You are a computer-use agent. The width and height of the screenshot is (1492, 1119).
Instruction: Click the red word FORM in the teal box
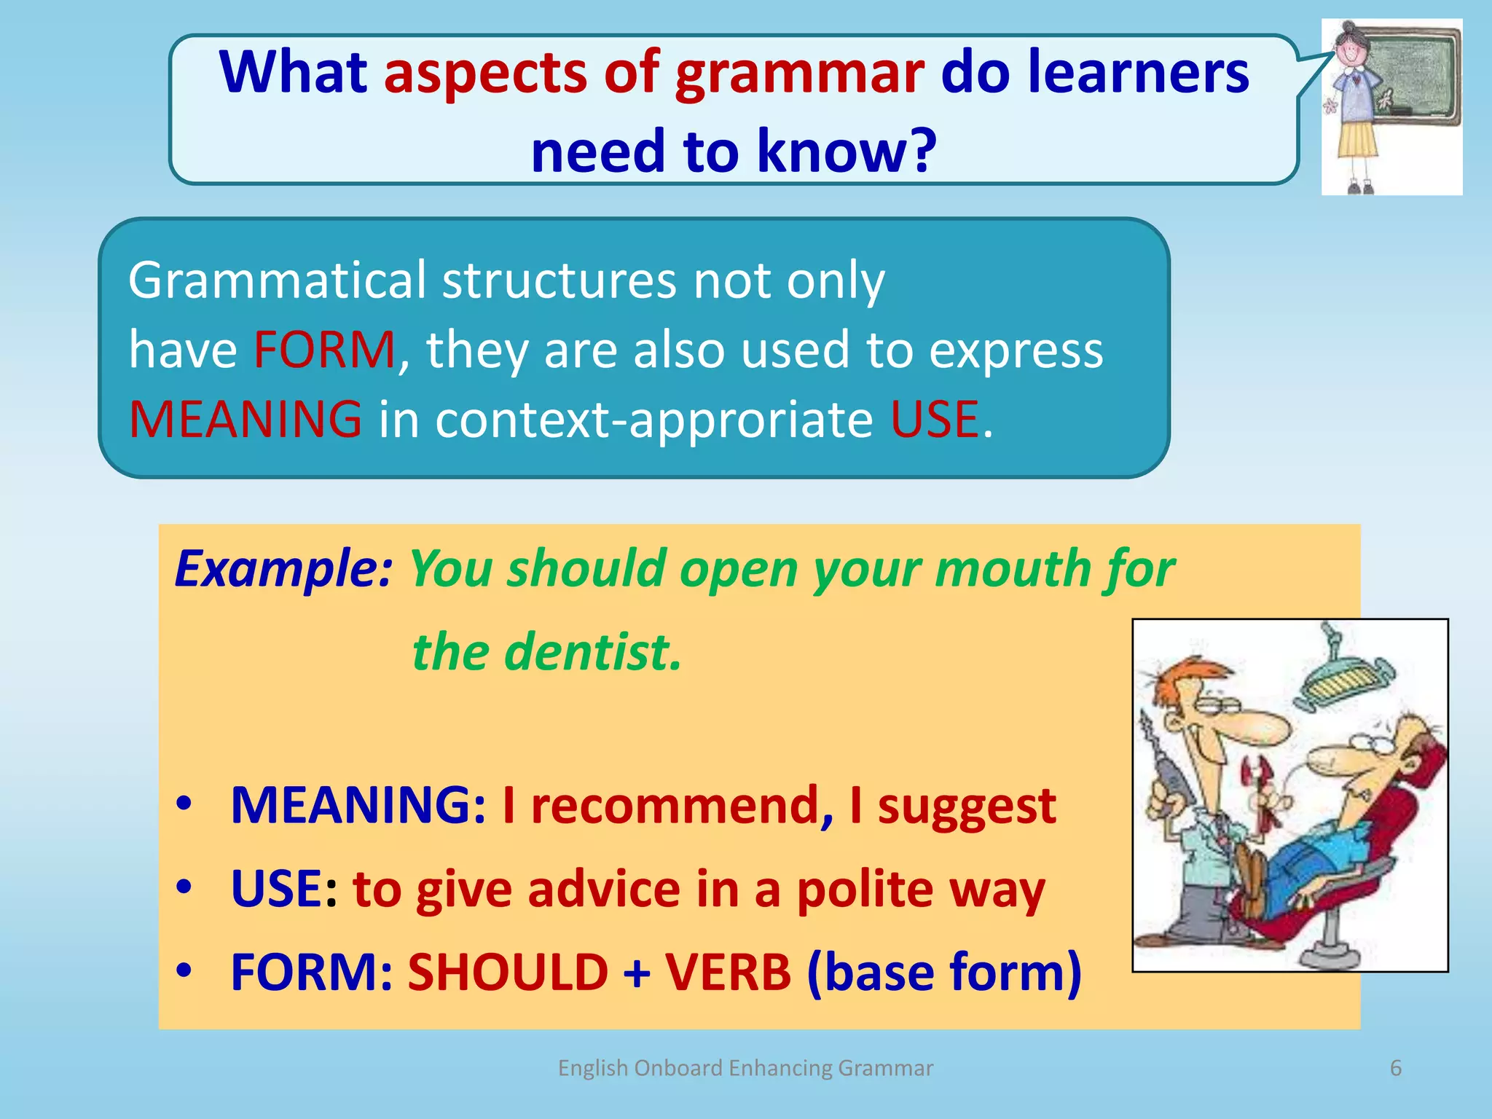click(324, 350)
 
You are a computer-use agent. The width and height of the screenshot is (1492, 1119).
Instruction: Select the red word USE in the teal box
click(935, 420)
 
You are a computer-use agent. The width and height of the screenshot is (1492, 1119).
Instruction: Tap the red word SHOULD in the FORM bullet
click(508, 973)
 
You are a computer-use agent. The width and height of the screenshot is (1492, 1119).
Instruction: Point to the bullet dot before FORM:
click(184, 970)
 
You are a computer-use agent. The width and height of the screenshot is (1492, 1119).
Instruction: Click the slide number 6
click(1395, 1068)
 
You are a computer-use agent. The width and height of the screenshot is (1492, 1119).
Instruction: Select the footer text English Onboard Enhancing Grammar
click(745, 1068)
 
